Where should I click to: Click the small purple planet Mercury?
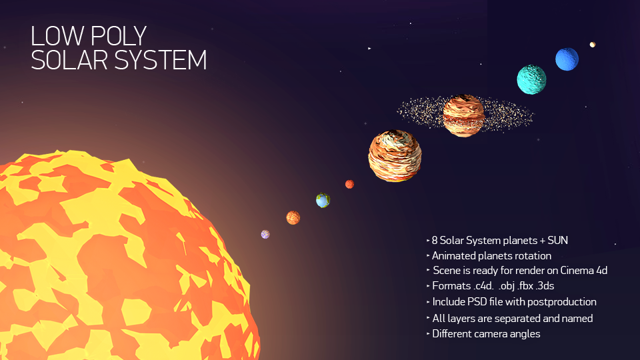(x=265, y=234)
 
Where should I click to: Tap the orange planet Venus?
(x=293, y=217)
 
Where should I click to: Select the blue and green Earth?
(x=323, y=201)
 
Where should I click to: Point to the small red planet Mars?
(x=349, y=184)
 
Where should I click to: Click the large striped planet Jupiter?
(x=395, y=155)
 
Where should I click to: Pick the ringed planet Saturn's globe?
(x=464, y=115)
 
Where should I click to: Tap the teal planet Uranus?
(x=531, y=79)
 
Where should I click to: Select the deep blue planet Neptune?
(x=567, y=59)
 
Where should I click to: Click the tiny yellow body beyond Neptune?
(x=592, y=45)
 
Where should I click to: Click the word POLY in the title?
(x=118, y=36)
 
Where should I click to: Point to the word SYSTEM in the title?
(x=161, y=60)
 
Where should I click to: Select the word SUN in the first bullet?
(x=557, y=241)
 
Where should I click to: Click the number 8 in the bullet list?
(x=435, y=241)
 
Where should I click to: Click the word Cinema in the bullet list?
(x=577, y=270)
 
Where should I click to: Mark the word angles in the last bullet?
(x=525, y=334)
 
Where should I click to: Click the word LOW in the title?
(x=59, y=36)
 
